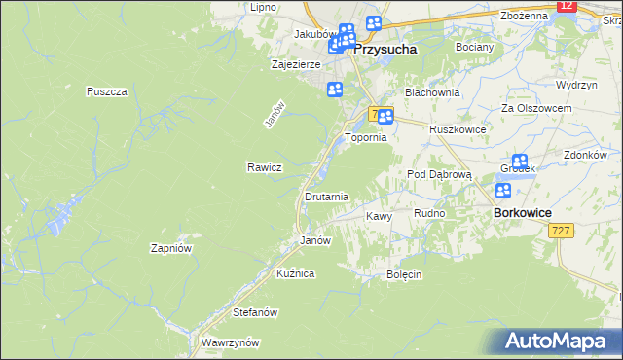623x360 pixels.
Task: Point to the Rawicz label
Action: coord(264,167)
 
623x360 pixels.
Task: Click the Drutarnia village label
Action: coord(326,197)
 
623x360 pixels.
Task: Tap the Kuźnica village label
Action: coord(295,274)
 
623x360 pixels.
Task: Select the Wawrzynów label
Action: coord(230,342)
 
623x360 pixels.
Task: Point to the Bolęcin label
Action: coord(404,274)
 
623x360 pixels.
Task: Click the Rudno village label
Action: coord(429,213)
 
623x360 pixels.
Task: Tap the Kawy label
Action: coord(378,216)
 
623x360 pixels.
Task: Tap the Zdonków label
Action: coord(585,155)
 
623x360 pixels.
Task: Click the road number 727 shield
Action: coord(560,231)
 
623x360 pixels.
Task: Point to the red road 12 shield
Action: coord(568,6)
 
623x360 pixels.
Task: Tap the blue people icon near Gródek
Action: coord(520,162)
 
